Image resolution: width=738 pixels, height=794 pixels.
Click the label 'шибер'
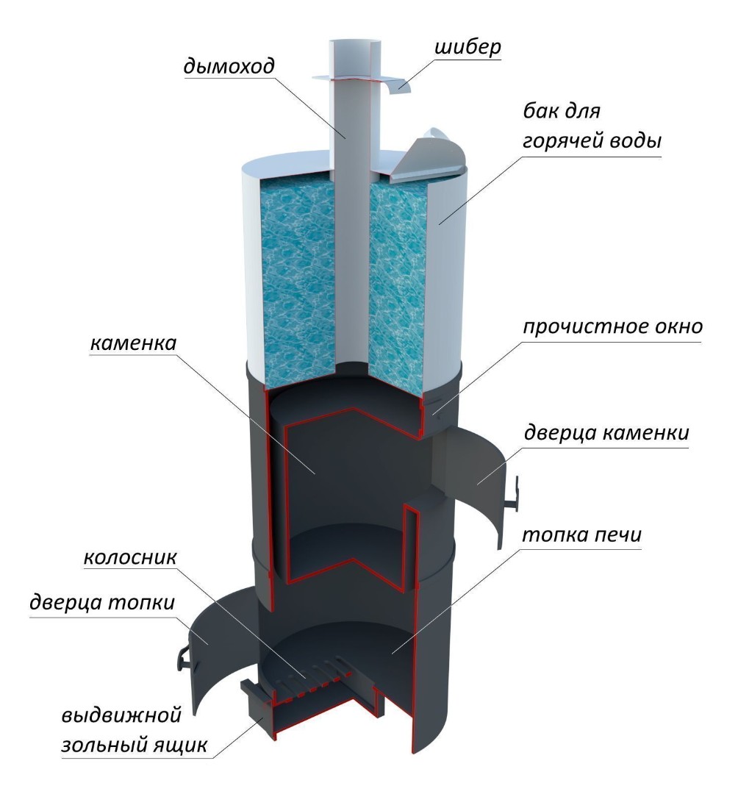(467, 47)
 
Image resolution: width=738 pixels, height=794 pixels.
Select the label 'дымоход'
(229, 66)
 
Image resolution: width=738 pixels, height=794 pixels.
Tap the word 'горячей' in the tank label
(559, 140)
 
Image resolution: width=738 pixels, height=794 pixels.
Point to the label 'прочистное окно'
(612, 326)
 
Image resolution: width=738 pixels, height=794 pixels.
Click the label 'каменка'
(133, 343)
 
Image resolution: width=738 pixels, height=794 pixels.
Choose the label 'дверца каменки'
(606, 433)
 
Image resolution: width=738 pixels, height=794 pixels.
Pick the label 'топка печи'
(582, 534)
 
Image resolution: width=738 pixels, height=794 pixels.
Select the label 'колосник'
(130, 557)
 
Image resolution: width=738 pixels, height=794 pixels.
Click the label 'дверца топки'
(101, 603)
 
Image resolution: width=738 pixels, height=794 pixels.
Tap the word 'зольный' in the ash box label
(97, 745)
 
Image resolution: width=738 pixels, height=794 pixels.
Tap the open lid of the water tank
(428, 157)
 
